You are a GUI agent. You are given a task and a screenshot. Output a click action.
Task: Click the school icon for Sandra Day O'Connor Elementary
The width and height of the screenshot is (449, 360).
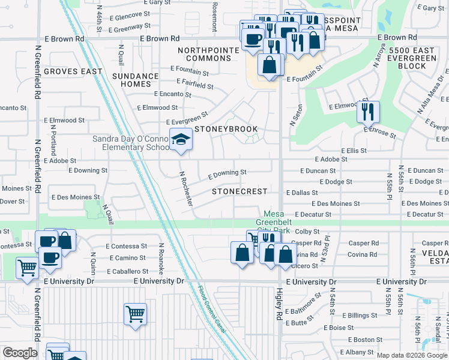point(179,140)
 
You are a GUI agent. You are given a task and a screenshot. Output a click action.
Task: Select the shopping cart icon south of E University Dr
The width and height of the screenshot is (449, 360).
point(135,314)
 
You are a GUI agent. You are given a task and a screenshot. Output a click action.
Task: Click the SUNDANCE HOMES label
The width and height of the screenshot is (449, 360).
point(136,80)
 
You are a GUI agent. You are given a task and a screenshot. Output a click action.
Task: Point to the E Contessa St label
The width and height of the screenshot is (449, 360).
point(127,246)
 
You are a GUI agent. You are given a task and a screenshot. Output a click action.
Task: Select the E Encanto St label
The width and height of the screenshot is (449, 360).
point(172,94)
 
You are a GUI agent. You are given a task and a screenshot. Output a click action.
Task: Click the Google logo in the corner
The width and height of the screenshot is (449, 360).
point(20,353)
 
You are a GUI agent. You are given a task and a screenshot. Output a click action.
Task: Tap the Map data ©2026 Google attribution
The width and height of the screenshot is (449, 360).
point(411,355)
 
